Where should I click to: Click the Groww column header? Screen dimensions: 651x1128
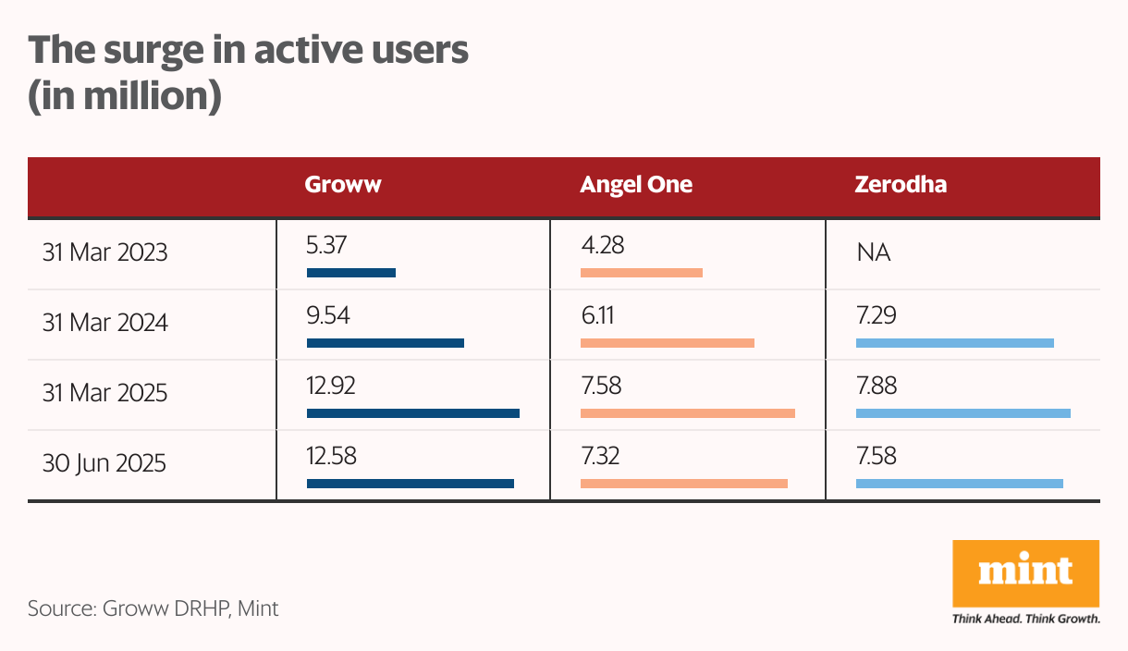tap(343, 185)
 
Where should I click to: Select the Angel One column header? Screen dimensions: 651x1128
tap(636, 185)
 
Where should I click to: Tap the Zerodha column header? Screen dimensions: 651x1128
tap(901, 185)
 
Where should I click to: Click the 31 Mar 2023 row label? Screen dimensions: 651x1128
tap(105, 252)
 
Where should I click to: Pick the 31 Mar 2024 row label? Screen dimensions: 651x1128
tap(105, 323)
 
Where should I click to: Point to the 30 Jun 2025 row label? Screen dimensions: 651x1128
tap(104, 463)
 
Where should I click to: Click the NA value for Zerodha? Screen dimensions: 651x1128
tap(874, 252)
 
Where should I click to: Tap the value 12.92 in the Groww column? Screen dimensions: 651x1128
tap(331, 386)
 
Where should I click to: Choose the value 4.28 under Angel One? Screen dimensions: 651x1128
tap(602, 245)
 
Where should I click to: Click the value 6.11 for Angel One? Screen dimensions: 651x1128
tap(597, 316)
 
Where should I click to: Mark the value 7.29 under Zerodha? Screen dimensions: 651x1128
tap(877, 316)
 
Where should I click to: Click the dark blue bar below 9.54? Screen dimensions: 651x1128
tap(385, 343)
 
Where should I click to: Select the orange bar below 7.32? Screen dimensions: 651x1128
tap(683, 483)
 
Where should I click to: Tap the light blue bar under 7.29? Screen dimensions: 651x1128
tap(954, 343)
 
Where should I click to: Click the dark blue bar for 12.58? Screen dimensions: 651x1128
tap(410, 483)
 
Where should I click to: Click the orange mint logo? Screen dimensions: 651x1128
tap(1025, 573)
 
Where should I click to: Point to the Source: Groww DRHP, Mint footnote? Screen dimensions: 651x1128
tap(153, 608)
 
